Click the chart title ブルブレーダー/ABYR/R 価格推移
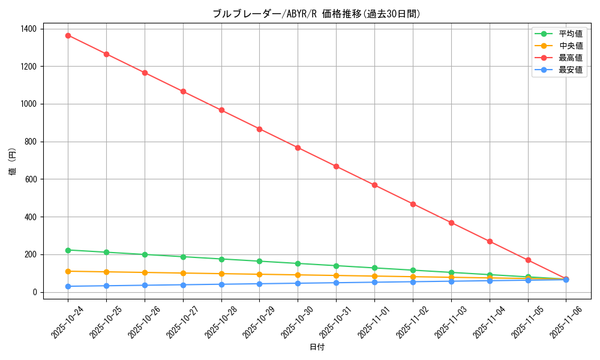(317, 14)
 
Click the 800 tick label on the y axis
(30, 142)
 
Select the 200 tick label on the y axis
(30, 254)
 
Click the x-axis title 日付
(317, 347)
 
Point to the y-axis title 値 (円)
(12, 162)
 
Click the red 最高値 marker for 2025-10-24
(68, 35)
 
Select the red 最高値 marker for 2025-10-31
(336, 166)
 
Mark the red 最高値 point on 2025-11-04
(490, 241)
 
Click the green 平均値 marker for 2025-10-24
(68, 250)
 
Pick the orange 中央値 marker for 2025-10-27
(183, 273)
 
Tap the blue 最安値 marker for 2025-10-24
(68, 286)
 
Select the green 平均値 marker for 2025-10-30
(298, 263)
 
